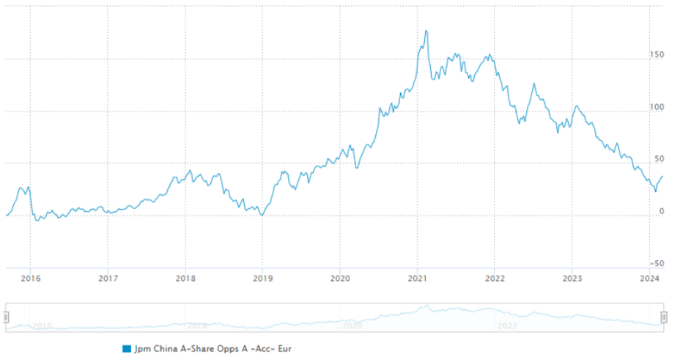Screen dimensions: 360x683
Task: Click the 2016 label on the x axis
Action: (30, 279)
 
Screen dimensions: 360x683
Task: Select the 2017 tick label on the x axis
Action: (108, 279)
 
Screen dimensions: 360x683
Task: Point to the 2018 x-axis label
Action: (185, 279)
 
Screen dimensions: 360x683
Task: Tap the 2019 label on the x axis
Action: (263, 279)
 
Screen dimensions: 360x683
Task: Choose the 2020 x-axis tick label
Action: (339, 279)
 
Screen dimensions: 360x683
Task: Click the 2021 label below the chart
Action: (417, 279)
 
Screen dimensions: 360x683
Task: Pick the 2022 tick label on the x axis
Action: (495, 279)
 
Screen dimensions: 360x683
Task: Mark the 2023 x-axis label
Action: (572, 279)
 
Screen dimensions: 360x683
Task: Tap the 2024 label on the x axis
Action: (649, 279)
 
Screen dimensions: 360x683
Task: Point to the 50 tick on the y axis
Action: (659, 159)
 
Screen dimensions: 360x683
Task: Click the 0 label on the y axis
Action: (661, 211)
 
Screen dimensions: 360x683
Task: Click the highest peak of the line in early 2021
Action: (427, 31)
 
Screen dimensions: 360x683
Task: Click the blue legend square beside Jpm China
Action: (127, 348)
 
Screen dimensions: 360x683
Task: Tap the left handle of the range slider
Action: (6, 317)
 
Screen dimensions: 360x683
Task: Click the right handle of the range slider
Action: (664, 317)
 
